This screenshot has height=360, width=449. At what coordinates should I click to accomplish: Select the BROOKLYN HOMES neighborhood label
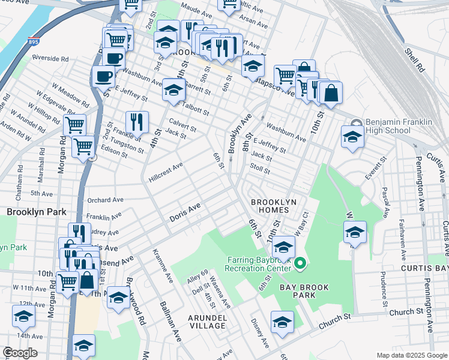tap(274, 207)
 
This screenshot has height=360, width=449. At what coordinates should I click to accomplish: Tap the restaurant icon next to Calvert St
tap(137, 122)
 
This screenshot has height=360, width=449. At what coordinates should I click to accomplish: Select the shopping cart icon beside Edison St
tap(83, 146)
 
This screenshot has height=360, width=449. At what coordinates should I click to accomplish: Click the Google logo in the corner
tap(20, 353)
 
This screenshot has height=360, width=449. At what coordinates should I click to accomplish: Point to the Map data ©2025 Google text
tap(411, 355)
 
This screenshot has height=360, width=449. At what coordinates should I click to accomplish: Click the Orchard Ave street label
tap(105, 200)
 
